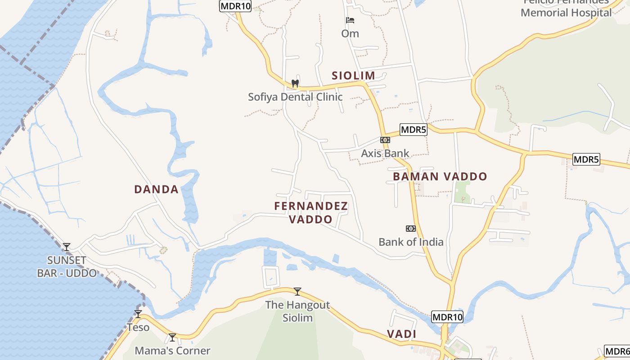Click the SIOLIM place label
click(x=353, y=76)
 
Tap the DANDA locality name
click(x=156, y=189)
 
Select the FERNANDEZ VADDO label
click(x=311, y=213)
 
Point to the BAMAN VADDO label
click(x=440, y=176)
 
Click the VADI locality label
click(x=401, y=334)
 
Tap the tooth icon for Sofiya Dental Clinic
click(x=295, y=83)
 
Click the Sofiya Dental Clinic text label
click(x=295, y=97)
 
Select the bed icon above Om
click(x=350, y=20)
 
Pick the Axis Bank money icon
click(x=385, y=140)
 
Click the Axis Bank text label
click(x=385, y=153)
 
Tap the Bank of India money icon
click(x=410, y=229)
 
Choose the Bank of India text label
click(x=411, y=242)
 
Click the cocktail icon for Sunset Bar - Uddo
click(x=67, y=247)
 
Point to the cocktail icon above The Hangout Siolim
click(x=297, y=292)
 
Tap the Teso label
click(x=138, y=327)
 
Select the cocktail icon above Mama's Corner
click(x=172, y=337)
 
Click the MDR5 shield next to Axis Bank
click(x=413, y=130)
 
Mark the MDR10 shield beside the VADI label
click(x=447, y=317)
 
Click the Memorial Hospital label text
click(x=566, y=13)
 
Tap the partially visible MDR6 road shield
click(x=617, y=351)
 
